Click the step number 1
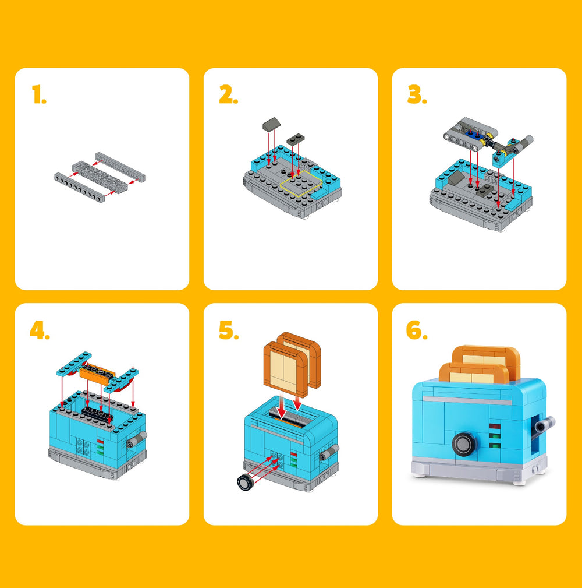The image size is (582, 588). (x=39, y=94)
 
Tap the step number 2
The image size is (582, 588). (x=229, y=94)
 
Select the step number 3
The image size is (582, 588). (x=417, y=94)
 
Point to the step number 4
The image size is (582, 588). (x=40, y=330)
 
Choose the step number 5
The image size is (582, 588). (x=229, y=330)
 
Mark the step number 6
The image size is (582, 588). (x=417, y=330)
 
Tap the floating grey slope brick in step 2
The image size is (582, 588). (x=271, y=124)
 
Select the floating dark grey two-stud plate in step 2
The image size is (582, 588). (x=296, y=139)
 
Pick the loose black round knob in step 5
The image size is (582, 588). (x=246, y=482)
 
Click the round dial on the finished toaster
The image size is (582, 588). (x=464, y=444)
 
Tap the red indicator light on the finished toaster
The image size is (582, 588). (x=495, y=427)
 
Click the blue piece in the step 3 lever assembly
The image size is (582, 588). (x=473, y=135)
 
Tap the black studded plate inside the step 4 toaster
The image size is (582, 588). (x=98, y=414)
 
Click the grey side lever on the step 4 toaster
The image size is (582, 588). (x=137, y=439)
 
